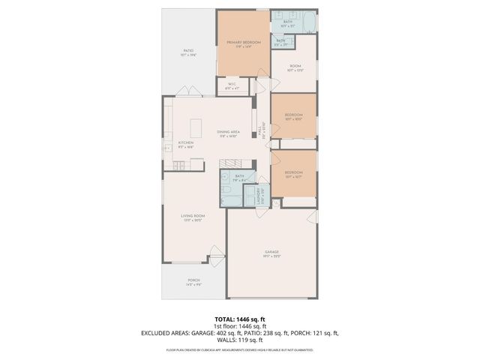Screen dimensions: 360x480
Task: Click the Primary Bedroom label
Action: [243, 43]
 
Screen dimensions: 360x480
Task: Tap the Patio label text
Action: [188, 52]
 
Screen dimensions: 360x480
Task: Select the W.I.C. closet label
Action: [232, 85]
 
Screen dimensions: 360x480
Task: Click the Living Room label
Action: [193, 217]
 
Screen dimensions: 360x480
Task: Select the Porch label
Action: [193, 282]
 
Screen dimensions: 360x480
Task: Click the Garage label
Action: [271, 253]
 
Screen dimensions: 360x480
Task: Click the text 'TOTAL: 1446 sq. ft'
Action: [239, 319]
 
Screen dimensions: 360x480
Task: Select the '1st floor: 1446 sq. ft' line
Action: [239, 325]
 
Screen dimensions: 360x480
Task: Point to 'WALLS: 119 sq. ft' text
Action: [239, 340]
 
